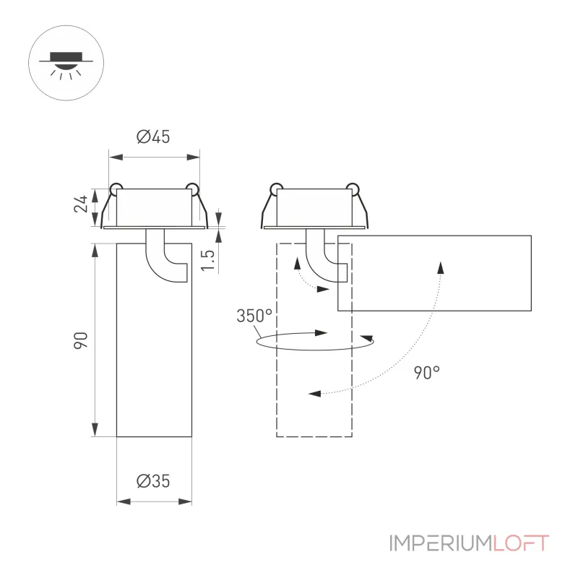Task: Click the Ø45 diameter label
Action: coord(153,137)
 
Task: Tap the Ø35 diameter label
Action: coord(153,481)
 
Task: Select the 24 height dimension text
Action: coord(81,204)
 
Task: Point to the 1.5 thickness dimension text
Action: coord(207,260)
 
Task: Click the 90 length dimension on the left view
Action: coord(81,340)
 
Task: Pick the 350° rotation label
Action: coord(254,316)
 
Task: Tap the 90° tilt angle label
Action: coord(427,373)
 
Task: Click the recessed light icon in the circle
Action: coord(66,65)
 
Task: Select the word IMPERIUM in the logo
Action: coord(441,543)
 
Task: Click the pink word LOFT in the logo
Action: coord(521,543)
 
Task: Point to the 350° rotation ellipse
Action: coord(314,349)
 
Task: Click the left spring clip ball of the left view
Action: coord(116,189)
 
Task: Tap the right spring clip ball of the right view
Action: coord(353,189)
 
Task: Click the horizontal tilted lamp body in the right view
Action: coord(435,273)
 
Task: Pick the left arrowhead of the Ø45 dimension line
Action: coord(116,158)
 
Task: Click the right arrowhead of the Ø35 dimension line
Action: coord(185,501)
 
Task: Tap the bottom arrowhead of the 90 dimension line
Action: coord(95,430)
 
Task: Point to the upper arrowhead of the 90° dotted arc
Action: coord(441,267)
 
